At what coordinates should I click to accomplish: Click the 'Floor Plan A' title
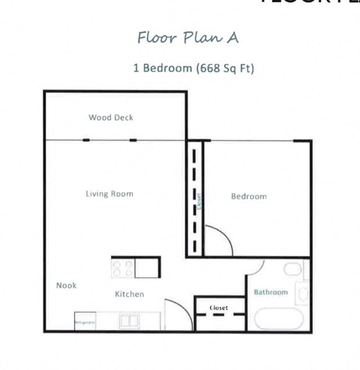pyautogui.click(x=188, y=37)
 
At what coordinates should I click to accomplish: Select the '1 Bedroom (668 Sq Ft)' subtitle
pyautogui.click(x=193, y=68)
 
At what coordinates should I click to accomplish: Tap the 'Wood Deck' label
pyautogui.click(x=111, y=117)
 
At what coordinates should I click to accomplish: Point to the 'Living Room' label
pyautogui.click(x=109, y=194)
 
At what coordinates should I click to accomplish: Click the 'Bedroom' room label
pyautogui.click(x=248, y=197)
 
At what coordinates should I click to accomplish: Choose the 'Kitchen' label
pyautogui.click(x=129, y=294)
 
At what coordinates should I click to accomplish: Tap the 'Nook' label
pyautogui.click(x=66, y=285)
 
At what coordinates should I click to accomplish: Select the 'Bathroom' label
pyautogui.click(x=270, y=292)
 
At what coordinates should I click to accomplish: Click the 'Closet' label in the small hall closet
pyautogui.click(x=219, y=307)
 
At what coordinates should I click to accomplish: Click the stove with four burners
pyautogui.click(x=123, y=268)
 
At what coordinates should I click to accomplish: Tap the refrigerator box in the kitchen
pyautogui.click(x=85, y=321)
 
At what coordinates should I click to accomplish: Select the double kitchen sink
pyautogui.click(x=129, y=321)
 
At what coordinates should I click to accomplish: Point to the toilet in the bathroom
pyautogui.click(x=292, y=269)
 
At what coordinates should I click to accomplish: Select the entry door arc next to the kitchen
pyautogui.click(x=178, y=308)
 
